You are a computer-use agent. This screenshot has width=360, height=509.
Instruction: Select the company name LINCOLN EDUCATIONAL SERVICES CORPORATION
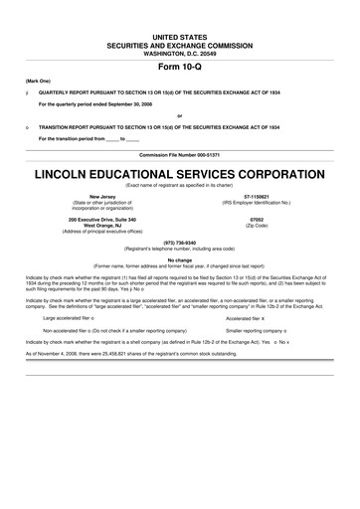180,171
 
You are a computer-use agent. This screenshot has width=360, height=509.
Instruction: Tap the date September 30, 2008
125,101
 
